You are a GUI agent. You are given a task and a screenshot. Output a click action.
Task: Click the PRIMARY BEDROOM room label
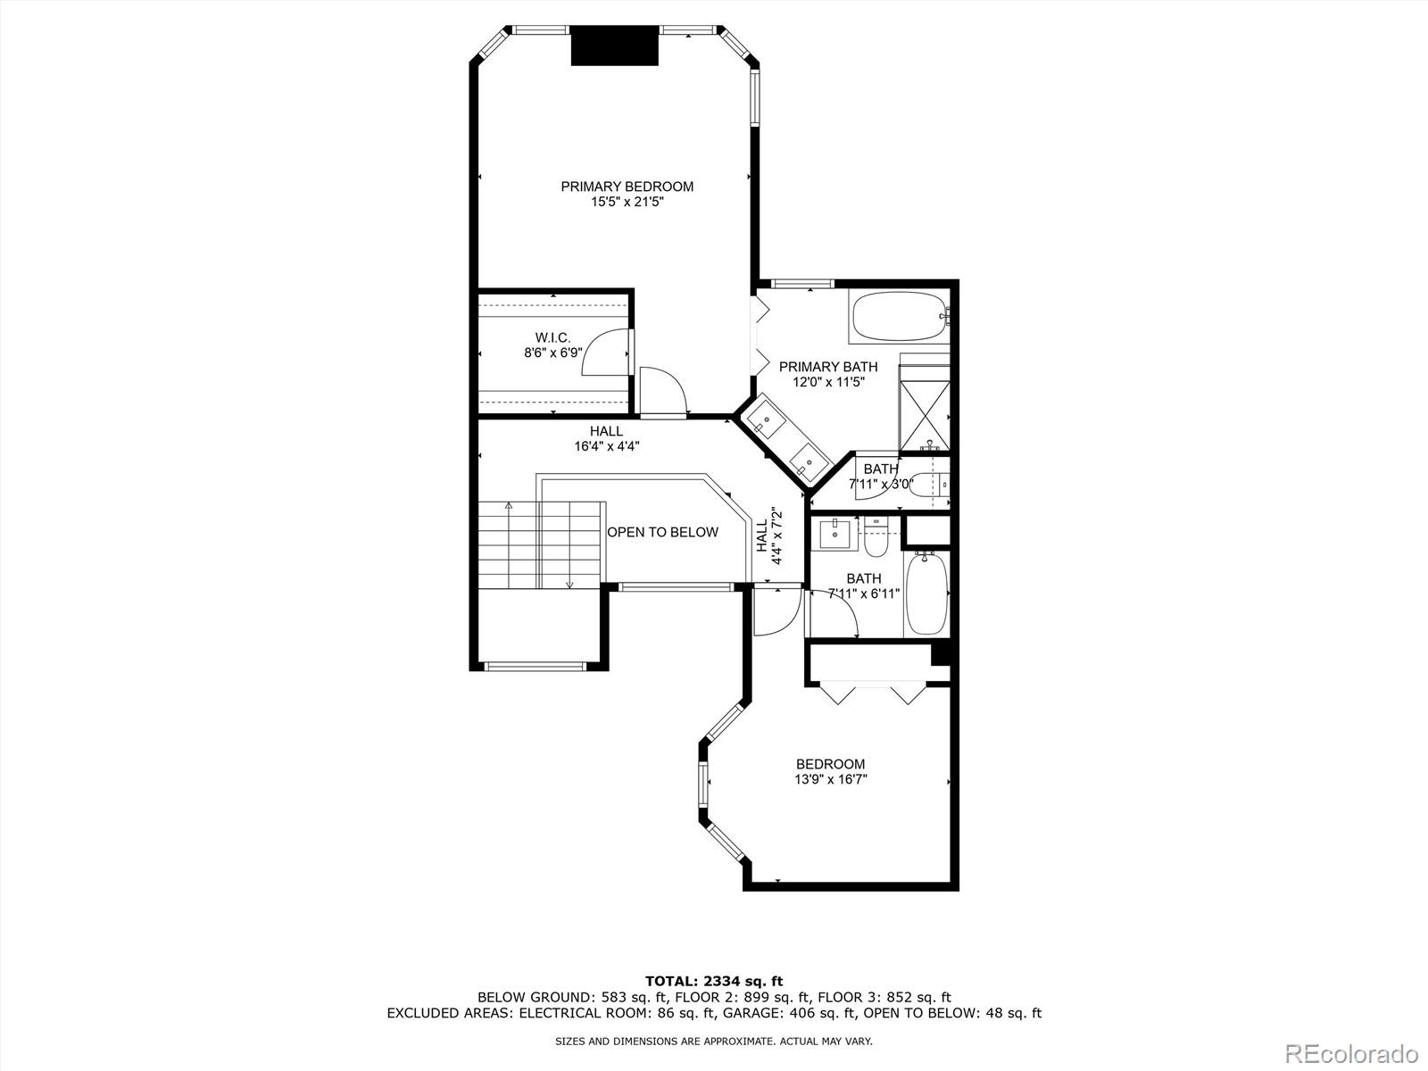click(627, 187)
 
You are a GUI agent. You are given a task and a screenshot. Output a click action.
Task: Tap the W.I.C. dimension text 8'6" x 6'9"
click(553, 353)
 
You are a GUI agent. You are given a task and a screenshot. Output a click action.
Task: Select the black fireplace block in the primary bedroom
click(614, 46)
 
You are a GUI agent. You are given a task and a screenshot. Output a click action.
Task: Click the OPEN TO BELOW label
click(662, 533)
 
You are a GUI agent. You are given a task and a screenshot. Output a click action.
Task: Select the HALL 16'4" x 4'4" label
click(606, 438)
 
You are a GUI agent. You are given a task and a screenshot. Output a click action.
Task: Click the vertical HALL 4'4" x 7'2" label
click(768, 536)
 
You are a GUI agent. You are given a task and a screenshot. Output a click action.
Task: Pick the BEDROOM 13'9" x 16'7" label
click(830, 771)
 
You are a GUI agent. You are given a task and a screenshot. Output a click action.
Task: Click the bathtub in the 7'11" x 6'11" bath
click(926, 594)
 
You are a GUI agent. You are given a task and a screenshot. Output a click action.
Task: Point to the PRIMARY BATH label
click(827, 367)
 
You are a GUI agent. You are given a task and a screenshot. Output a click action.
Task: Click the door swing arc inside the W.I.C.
click(605, 348)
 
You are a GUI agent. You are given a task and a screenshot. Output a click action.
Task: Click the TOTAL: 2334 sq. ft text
click(713, 982)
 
